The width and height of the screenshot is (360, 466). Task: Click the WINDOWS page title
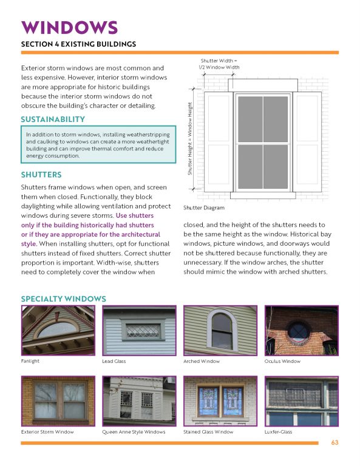tap(69, 27)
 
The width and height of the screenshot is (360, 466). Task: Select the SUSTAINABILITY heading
tap(53, 119)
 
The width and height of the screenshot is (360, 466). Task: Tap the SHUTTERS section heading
tap(41, 175)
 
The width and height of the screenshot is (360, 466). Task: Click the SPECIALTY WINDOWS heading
tap(63, 299)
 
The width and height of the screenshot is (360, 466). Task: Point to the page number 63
tap(334, 442)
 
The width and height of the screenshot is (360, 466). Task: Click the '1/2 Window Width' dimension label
tap(219, 67)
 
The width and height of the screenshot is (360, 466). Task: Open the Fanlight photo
tap(57, 331)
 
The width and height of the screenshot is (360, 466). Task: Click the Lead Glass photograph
tap(138, 331)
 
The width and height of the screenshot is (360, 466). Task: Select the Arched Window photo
tap(220, 331)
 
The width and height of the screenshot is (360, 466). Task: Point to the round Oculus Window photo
tap(301, 331)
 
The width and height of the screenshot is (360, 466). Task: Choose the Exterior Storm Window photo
tap(57, 401)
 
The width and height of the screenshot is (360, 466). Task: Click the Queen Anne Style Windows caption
tap(134, 432)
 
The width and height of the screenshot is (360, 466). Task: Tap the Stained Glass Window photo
tap(220, 401)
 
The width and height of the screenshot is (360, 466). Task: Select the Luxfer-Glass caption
tap(279, 432)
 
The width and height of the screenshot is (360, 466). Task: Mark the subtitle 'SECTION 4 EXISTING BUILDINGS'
tap(78, 44)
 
